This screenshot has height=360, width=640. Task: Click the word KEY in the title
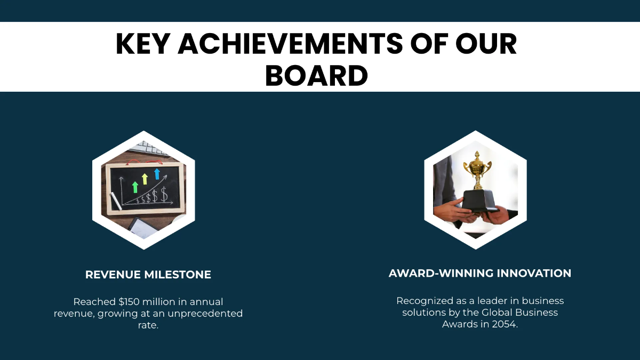pos(142,44)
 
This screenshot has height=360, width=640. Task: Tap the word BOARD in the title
pos(316,76)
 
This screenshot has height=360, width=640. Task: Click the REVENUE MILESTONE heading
pos(148,275)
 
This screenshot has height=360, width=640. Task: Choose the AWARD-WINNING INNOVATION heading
pos(480,273)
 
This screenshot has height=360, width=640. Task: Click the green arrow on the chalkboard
pos(135,187)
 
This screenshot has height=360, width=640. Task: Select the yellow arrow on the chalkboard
pos(145,179)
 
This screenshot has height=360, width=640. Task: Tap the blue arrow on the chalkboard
pos(157,173)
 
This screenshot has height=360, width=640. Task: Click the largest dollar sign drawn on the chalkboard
pos(164,195)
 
